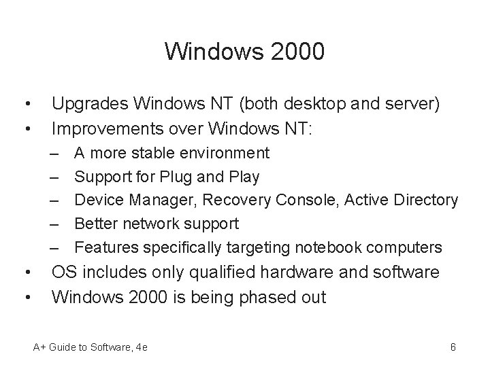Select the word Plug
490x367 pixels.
[x=176, y=177]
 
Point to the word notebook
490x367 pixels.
[x=330, y=247]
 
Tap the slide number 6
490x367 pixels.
[x=453, y=347]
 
